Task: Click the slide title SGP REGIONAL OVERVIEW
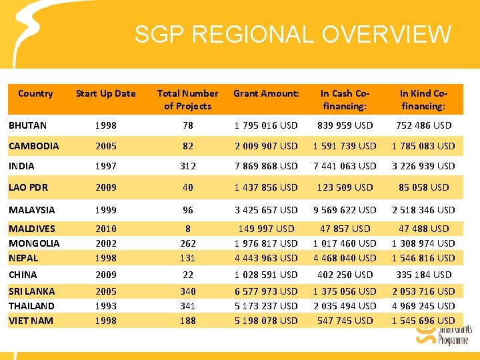(293, 34)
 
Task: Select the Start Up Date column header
(105, 93)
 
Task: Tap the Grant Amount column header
(266, 93)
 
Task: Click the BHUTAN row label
(27, 125)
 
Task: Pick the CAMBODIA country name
(33, 145)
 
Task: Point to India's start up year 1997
(105, 165)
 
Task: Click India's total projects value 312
(187, 165)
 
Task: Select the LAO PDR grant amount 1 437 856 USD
(266, 187)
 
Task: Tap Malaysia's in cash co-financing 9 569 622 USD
(345, 209)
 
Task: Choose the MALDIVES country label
(32, 229)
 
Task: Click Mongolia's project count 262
(187, 243)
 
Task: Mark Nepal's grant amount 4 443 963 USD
(266, 258)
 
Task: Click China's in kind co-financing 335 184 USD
(423, 274)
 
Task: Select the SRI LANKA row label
(31, 291)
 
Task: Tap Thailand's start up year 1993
(105, 306)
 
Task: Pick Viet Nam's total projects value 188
(187, 321)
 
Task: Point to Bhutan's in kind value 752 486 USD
(423, 125)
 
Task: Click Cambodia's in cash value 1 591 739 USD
(345, 145)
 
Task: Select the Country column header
(35, 93)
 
